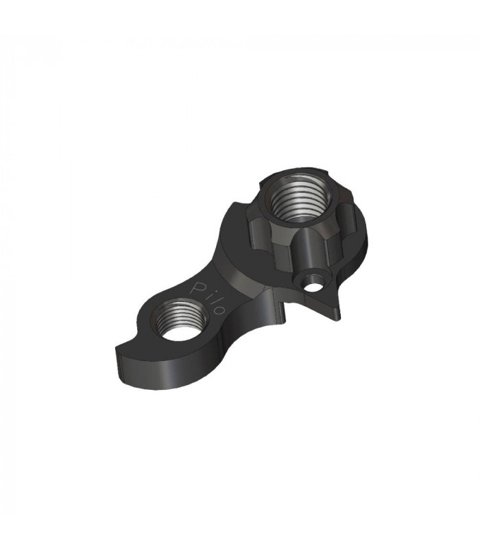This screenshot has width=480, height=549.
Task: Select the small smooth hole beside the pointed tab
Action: click(x=313, y=282)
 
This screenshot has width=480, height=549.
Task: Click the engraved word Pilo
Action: click(x=209, y=296)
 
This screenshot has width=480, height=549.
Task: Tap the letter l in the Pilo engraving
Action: click(x=212, y=300)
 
